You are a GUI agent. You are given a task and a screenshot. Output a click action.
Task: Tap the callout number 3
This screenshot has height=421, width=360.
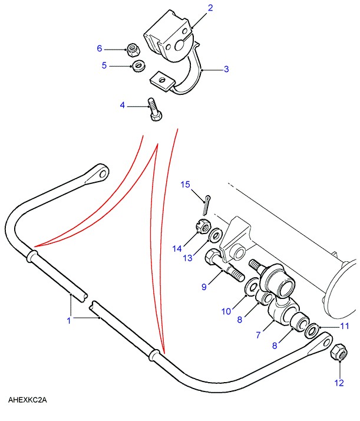click(x=226, y=69)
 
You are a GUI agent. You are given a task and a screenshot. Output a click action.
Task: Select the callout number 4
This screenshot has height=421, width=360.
click(x=123, y=106)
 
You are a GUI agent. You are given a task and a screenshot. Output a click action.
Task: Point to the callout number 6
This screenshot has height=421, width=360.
click(x=100, y=48)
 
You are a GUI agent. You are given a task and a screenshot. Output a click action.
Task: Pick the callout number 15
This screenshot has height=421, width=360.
click(x=186, y=185)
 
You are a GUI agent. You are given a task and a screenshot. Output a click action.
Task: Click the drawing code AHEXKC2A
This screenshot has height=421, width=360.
click(x=27, y=400)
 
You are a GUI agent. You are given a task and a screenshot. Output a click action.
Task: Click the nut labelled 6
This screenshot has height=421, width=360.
click(x=134, y=48)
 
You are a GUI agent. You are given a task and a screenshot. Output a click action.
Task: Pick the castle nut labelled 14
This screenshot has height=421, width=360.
click(x=199, y=226)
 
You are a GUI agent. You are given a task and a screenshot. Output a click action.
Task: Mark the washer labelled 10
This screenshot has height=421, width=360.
click(x=250, y=287)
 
